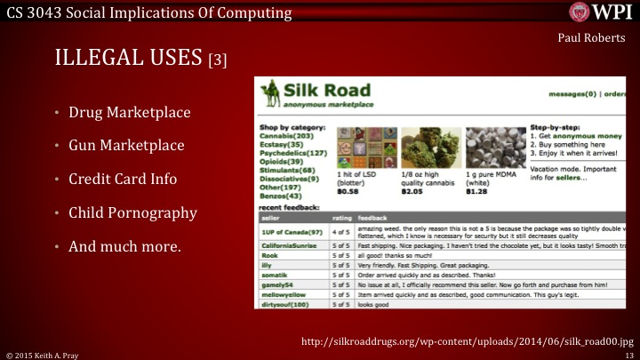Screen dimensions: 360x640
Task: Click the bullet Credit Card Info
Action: coord(123,179)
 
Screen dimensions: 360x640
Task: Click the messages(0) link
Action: coord(572,93)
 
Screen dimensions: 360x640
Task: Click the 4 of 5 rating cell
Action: coord(340,232)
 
